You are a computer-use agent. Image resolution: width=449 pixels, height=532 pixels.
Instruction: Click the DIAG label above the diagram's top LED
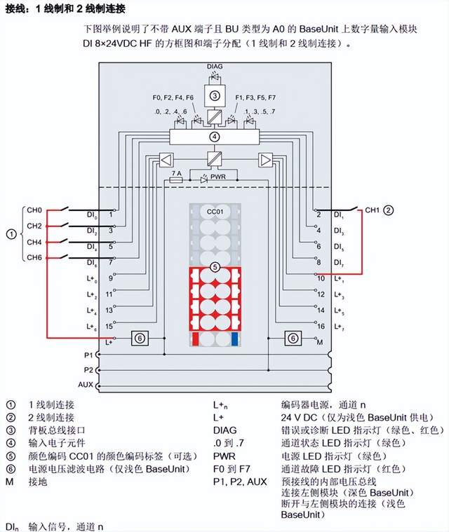tap(215, 66)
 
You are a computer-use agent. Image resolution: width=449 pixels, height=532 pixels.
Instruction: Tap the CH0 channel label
tap(35, 210)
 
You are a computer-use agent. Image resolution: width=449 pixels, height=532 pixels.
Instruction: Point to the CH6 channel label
tap(35, 257)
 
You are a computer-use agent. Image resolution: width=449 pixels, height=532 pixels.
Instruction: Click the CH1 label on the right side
tap(372, 210)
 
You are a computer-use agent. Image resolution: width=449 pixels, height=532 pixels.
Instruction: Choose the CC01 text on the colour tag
tap(215, 211)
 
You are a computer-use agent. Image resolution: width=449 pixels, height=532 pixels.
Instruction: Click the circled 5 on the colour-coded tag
tap(215, 267)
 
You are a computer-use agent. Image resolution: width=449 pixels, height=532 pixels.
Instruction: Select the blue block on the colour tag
tap(234, 339)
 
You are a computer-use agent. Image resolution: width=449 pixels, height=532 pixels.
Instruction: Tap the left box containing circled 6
tap(140, 338)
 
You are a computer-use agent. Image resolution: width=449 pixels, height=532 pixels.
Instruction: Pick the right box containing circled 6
tap(291, 338)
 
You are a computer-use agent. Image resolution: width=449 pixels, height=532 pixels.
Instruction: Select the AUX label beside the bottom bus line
tap(85, 385)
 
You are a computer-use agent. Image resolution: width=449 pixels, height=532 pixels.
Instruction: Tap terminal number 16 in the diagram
tap(321, 326)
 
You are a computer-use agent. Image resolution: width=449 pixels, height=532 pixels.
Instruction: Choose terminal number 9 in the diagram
tap(109, 278)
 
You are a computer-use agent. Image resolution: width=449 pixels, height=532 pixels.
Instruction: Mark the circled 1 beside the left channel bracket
tap(10, 233)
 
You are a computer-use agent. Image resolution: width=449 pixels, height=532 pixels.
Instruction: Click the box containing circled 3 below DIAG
tap(215, 95)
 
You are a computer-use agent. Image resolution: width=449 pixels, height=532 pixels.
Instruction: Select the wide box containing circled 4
tap(215, 136)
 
